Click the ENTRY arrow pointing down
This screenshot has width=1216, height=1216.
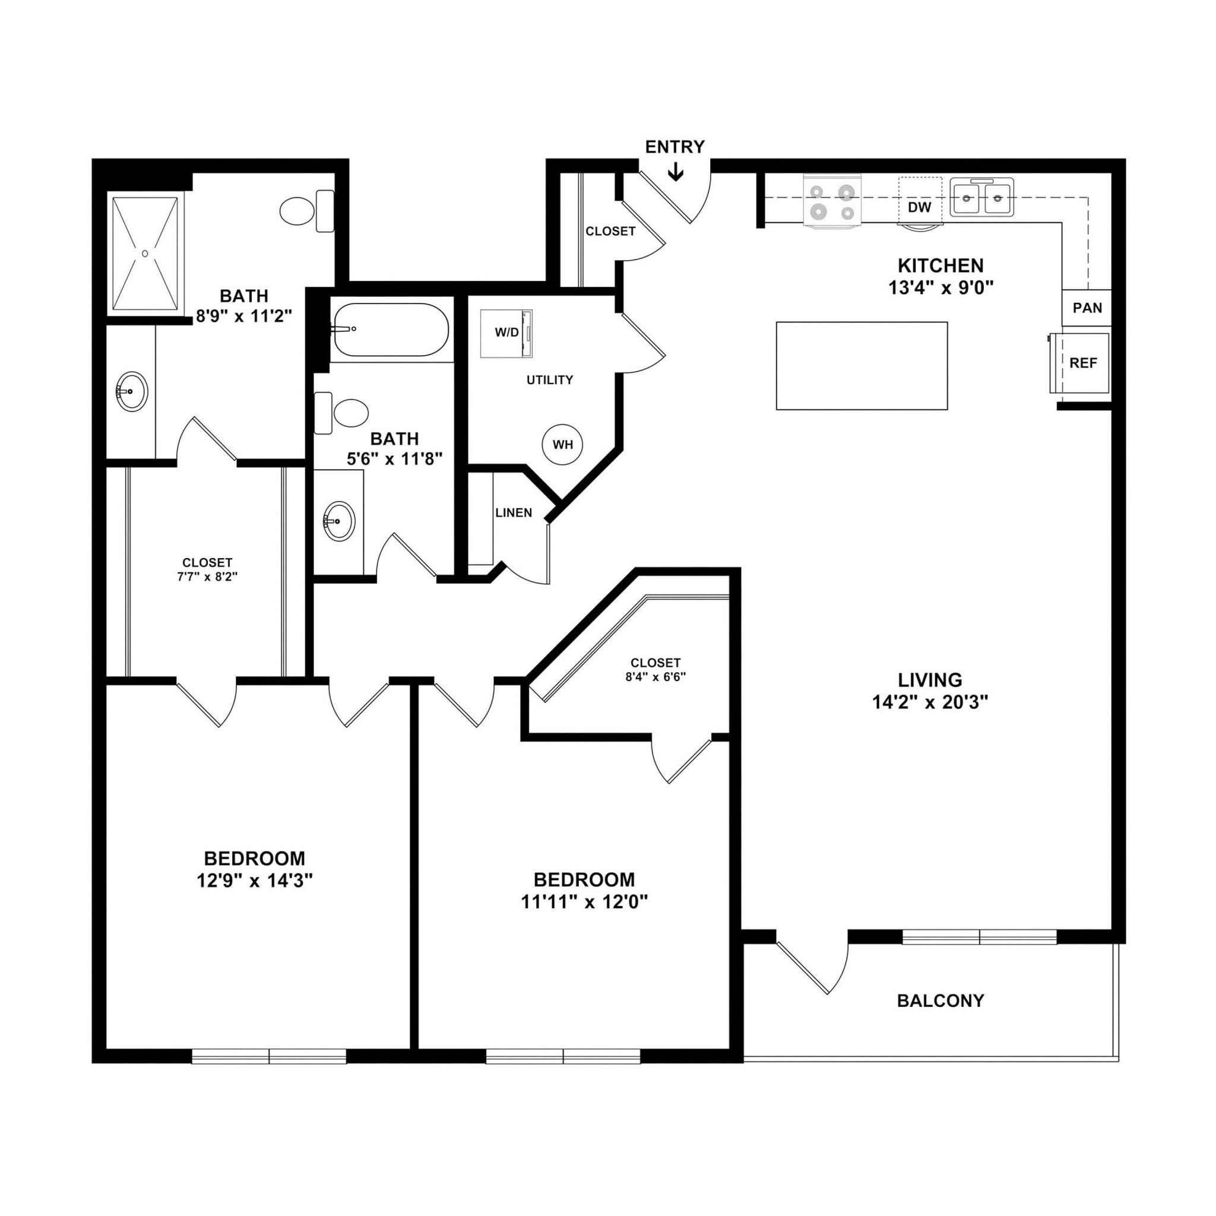click(x=675, y=172)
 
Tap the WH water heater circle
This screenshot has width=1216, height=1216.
click(x=562, y=445)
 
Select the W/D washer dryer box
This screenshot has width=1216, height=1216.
click(x=505, y=333)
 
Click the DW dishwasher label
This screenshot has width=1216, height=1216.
click(x=919, y=207)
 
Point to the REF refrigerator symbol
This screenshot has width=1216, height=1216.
click(x=1082, y=363)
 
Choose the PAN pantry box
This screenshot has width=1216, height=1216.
click(x=1087, y=308)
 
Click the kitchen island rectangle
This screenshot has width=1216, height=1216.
click(x=861, y=366)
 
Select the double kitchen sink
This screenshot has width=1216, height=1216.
click(x=981, y=198)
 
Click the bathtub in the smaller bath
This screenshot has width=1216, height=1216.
click(x=391, y=330)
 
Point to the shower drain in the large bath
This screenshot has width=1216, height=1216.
click(x=145, y=254)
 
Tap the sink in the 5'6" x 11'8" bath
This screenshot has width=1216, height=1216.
click(x=338, y=521)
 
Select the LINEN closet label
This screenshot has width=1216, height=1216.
click(x=514, y=513)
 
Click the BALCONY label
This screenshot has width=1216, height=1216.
click(x=940, y=1000)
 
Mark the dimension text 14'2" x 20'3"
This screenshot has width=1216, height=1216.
click(x=930, y=702)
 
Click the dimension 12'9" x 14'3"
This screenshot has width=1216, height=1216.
click(x=254, y=881)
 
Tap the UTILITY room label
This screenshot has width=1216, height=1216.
click(x=549, y=379)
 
